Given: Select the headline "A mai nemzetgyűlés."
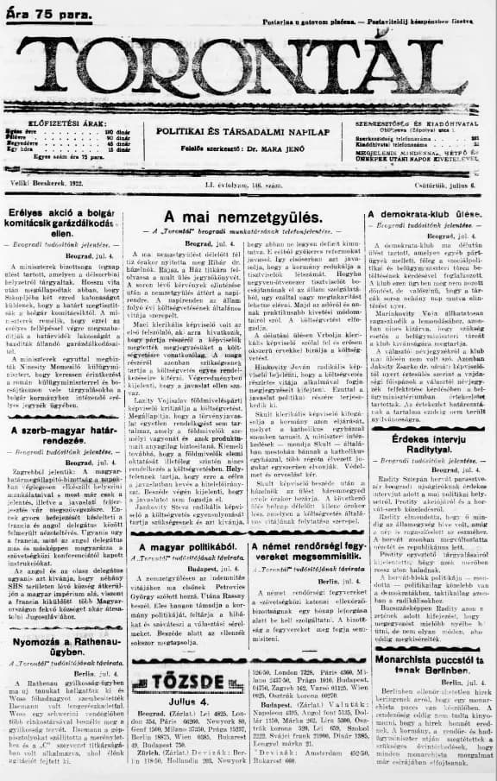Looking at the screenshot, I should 244,217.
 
